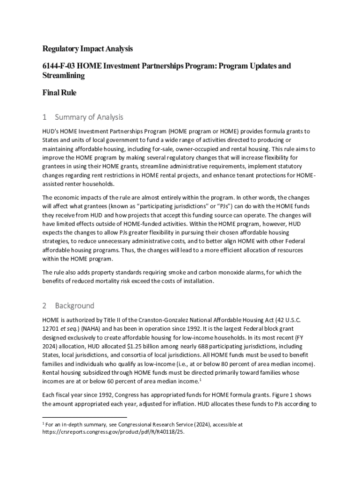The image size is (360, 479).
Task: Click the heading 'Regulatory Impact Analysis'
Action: [87, 49]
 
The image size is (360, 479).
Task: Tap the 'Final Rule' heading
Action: [59, 93]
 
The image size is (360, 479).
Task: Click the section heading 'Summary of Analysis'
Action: [89, 117]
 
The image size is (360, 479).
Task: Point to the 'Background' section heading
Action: [74, 306]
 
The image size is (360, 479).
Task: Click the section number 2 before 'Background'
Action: [44, 306]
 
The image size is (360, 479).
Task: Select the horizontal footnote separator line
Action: [84, 416]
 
